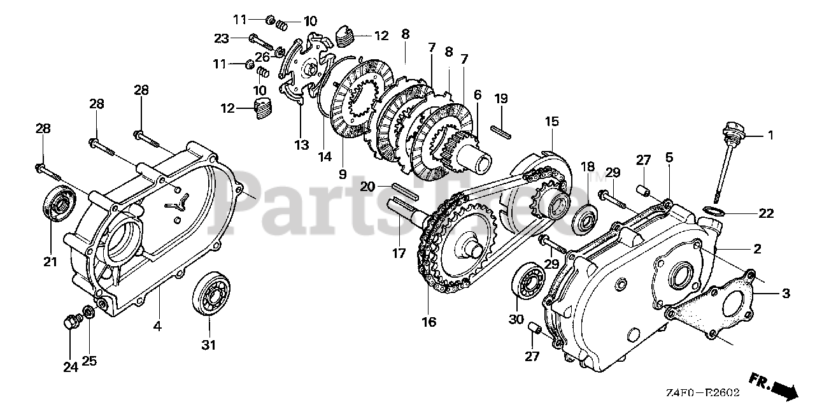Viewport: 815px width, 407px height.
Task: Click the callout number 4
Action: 157,327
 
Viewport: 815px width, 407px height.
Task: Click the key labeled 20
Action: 403,188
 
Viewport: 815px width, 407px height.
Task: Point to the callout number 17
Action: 399,253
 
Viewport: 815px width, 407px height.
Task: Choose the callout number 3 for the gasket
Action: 786,294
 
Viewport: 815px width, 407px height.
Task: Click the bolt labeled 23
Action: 262,42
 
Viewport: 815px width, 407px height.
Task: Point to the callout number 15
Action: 551,120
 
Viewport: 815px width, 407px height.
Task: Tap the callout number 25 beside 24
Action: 89,361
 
